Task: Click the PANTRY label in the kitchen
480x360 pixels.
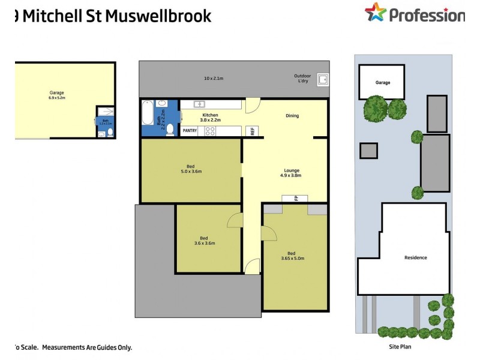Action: pyautogui.click(x=190, y=130)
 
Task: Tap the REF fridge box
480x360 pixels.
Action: pyautogui.click(x=253, y=130)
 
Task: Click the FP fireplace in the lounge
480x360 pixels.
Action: pyautogui.click(x=295, y=198)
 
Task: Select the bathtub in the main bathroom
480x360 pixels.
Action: pyautogui.click(x=148, y=112)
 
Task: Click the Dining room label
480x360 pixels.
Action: pyautogui.click(x=292, y=116)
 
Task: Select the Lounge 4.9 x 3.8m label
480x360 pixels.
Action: pyautogui.click(x=290, y=173)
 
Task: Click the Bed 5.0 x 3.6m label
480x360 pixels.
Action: pyautogui.click(x=190, y=169)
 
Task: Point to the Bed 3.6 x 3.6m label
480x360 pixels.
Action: pyautogui.click(x=205, y=240)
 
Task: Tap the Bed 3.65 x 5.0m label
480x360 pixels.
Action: pyautogui.click(x=293, y=256)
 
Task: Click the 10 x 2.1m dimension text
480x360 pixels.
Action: pyautogui.click(x=213, y=78)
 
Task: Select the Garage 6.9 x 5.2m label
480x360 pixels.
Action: pyautogui.click(x=57, y=94)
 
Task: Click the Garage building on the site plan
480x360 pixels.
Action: pyautogui.click(x=383, y=82)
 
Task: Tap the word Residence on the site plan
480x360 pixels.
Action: pyautogui.click(x=415, y=257)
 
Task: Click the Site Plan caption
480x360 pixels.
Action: pyautogui.click(x=399, y=346)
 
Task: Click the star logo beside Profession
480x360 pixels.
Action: pyautogui.click(x=376, y=13)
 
